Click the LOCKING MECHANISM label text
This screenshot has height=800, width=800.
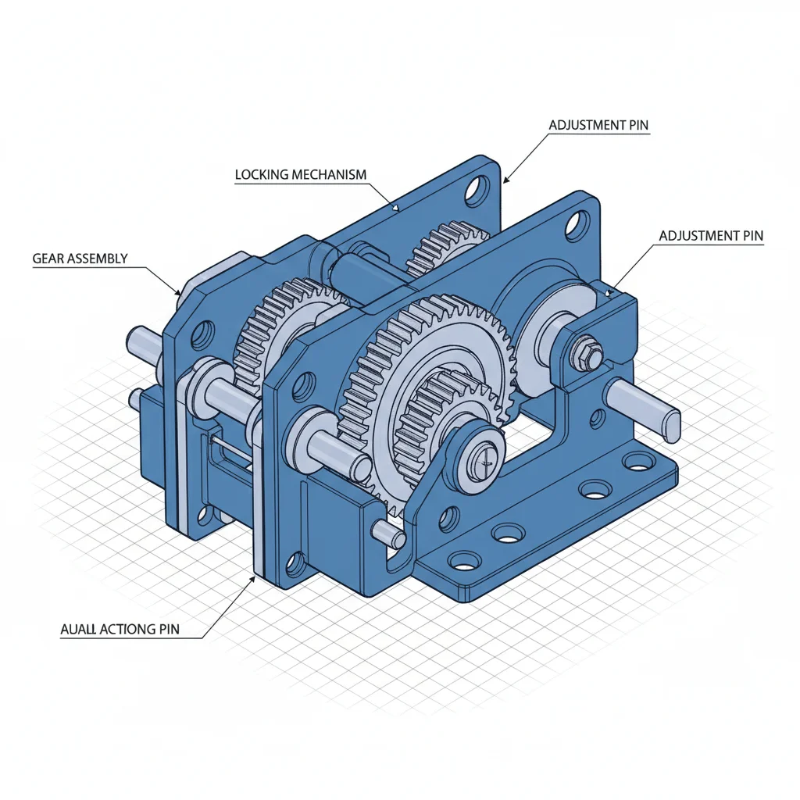click(300, 175)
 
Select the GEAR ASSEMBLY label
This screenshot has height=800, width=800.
click(80, 259)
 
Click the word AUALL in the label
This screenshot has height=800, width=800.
click(79, 629)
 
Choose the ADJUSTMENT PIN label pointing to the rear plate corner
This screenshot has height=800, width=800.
click(598, 125)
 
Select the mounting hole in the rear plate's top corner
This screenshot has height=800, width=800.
click(475, 190)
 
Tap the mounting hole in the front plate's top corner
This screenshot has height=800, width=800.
click(576, 223)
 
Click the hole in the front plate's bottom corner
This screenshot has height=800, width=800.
click(295, 562)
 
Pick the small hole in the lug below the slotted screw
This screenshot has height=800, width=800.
click(448, 516)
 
